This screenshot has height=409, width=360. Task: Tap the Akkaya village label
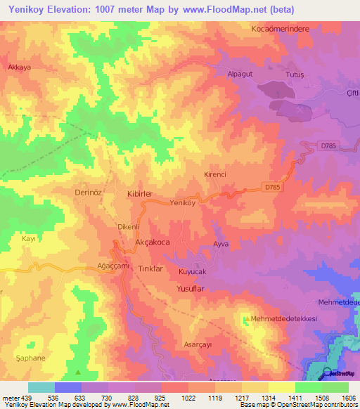click(20, 68)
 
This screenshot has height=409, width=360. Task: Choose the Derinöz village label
click(89, 191)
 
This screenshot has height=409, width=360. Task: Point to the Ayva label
click(222, 244)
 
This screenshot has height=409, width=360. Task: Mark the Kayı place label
click(29, 240)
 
